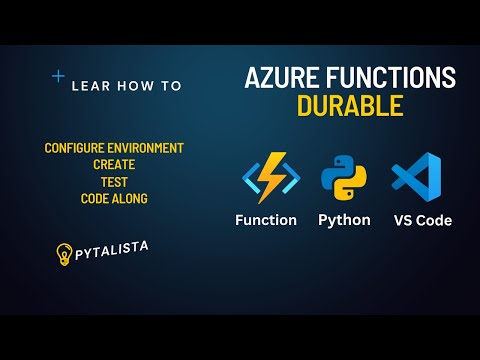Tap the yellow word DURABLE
tap(349, 105)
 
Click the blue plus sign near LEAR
tap(58, 75)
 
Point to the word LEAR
tap(91, 86)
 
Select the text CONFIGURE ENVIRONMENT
tap(114, 148)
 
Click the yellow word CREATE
tap(114, 165)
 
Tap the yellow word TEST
tap(114, 182)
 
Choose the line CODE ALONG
tap(114, 199)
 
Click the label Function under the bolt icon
tap(265, 220)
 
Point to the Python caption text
tap(344, 220)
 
